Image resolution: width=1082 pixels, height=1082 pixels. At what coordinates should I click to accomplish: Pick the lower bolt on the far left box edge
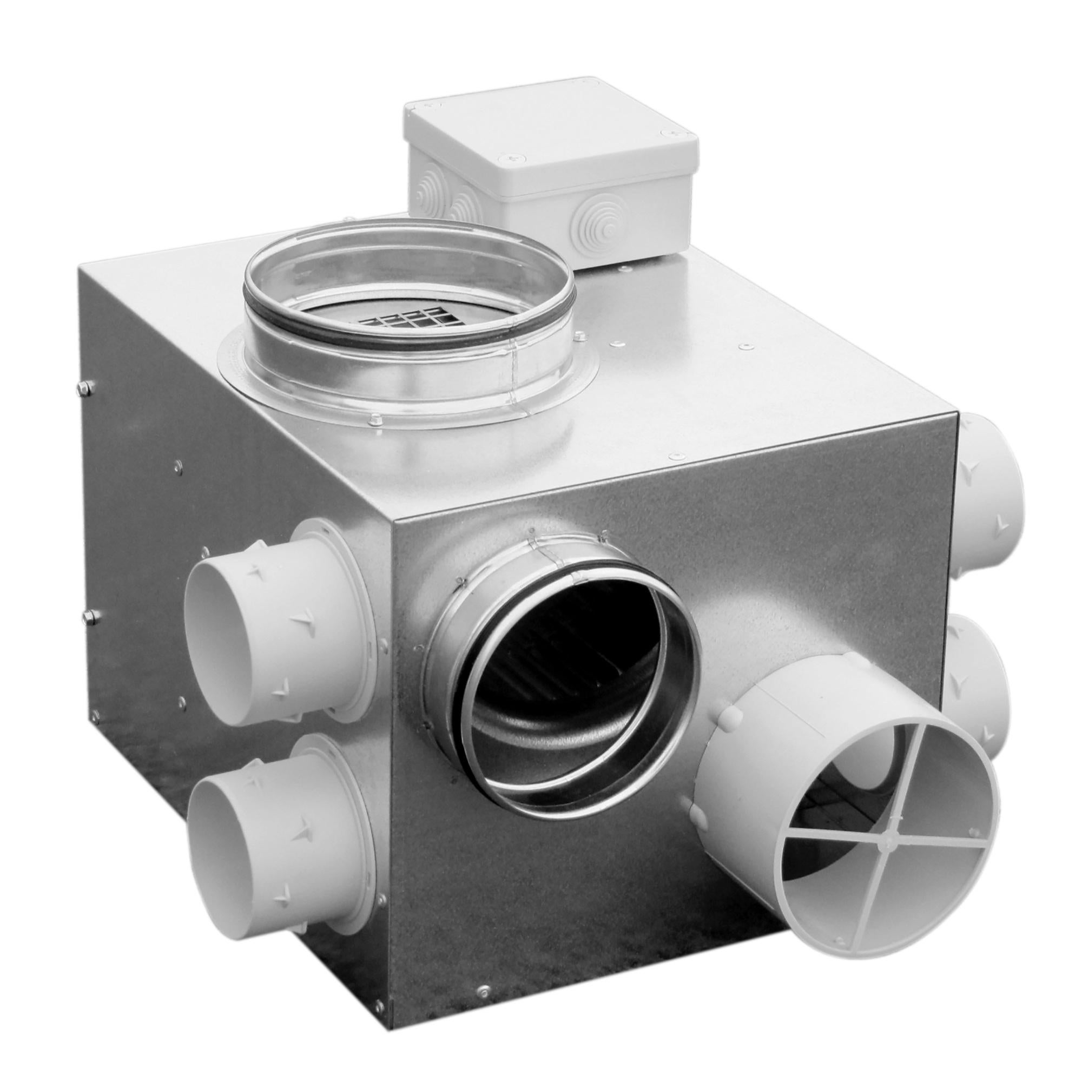(88, 616)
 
